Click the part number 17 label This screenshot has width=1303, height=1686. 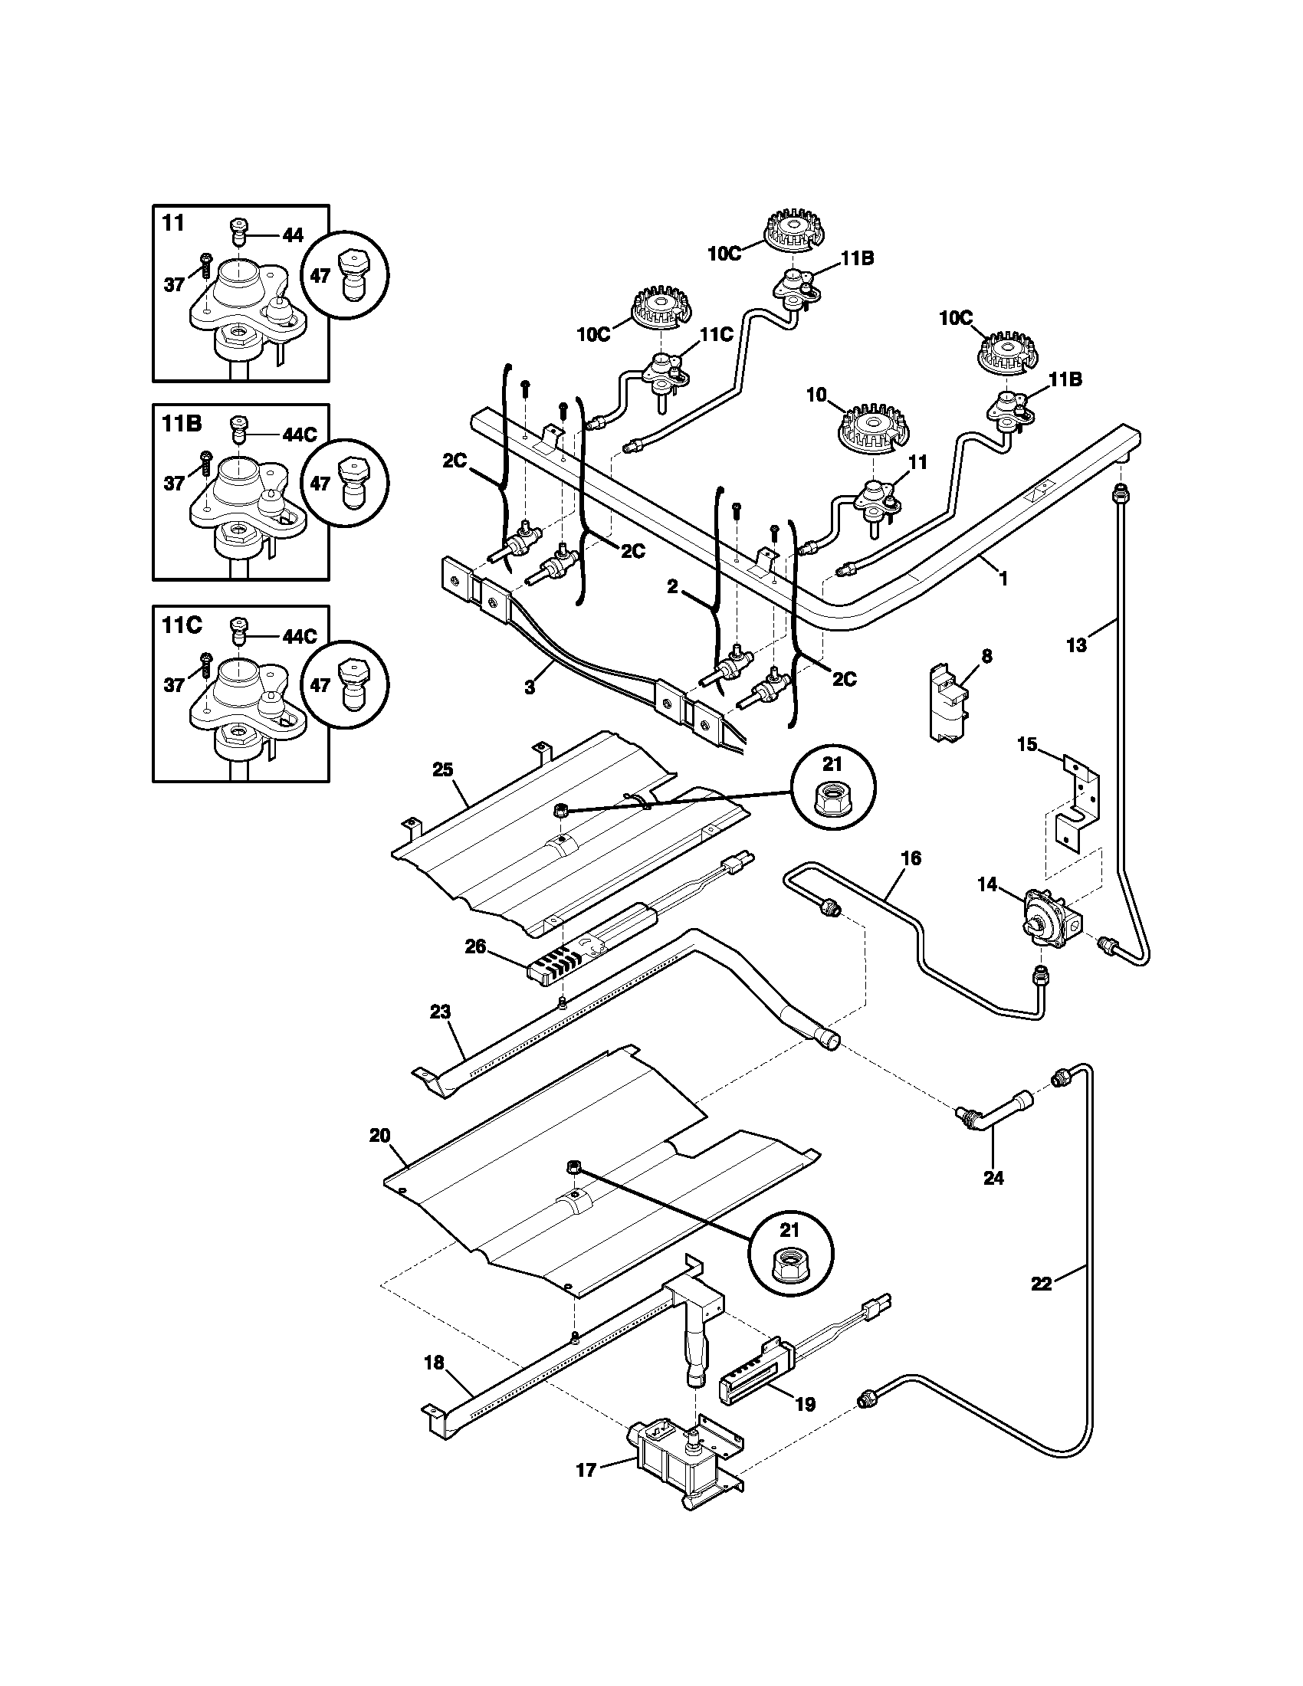[586, 1471]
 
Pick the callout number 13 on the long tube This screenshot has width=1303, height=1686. [1076, 645]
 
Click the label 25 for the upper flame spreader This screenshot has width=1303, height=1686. [443, 769]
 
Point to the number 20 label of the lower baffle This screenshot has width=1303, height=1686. [379, 1136]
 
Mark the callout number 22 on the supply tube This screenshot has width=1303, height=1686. [1042, 1283]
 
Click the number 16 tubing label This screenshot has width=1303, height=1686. [911, 858]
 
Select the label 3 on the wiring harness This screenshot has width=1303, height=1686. [530, 688]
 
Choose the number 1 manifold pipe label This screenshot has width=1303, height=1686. [1003, 578]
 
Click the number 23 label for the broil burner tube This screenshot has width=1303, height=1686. [440, 1012]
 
